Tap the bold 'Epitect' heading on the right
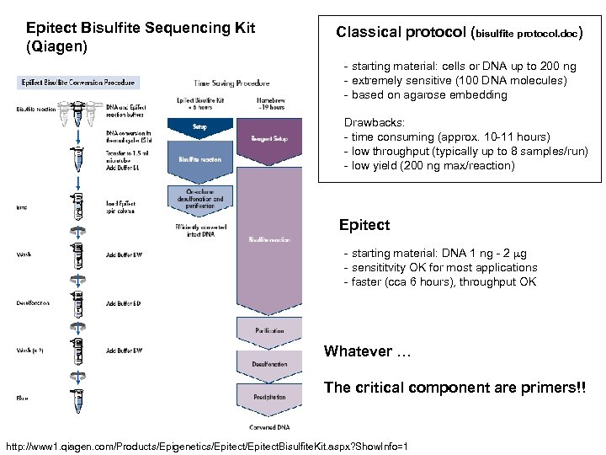pos(364,226)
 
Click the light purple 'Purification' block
pos(270,331)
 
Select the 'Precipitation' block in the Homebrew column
pos(270,396)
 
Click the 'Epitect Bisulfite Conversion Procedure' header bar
pos(77,83)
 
